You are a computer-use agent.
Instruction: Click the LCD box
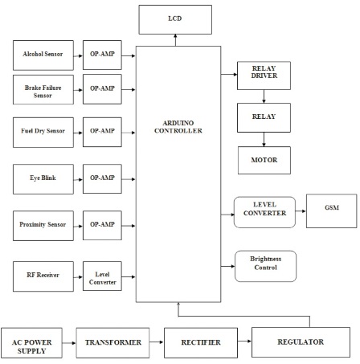point(175,19)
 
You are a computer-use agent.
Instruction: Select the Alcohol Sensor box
point(43,55)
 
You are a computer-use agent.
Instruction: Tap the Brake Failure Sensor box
point(43,89)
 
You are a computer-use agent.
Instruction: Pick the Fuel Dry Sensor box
point(43,133)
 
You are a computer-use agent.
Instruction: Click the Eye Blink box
point(43,179)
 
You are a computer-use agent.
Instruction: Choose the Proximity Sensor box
point(43,226)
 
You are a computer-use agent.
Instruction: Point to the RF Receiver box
point(43,276)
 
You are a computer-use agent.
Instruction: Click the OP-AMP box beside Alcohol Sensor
point(102,55)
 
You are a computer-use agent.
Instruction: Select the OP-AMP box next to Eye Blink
point(102,178)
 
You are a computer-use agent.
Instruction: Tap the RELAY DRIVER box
point(264,76)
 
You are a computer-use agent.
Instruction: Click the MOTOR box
point(264,160)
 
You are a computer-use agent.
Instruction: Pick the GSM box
point(332,211)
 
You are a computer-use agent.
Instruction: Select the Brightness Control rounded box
point(265,266)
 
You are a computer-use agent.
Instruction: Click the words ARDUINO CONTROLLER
point(178,127)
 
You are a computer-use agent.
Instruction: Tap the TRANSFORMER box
point(112,343)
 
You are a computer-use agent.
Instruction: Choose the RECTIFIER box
point(201,343)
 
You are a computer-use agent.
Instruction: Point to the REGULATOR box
point(301,342)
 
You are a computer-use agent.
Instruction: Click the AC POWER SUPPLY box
point(31,343)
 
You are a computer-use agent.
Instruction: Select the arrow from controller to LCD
point(175,40)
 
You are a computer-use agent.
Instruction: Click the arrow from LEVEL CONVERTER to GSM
point(301,211)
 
